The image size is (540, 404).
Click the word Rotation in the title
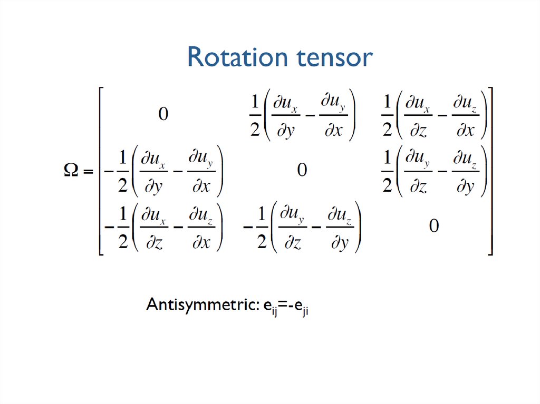point(238,57)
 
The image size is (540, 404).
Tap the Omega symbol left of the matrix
point(71,170)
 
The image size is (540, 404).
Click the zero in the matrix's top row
point(163,114)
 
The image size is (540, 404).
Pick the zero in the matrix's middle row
point(302,170)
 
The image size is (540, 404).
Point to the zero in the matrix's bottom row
point(434,226)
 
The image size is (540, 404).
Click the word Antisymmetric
point(202,304)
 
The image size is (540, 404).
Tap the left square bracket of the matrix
point(101,171)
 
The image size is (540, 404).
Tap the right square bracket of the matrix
point(490,171)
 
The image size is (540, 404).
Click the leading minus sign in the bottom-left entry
point(109,227)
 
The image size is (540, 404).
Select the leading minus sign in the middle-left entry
point(109,171)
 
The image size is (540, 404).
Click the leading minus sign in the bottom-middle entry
point(248,227)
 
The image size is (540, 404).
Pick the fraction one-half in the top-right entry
point(388,115)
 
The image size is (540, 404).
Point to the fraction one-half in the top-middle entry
point(255,115)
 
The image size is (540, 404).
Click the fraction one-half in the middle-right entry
point(388,171)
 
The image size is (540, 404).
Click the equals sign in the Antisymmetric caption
point(283,305)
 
